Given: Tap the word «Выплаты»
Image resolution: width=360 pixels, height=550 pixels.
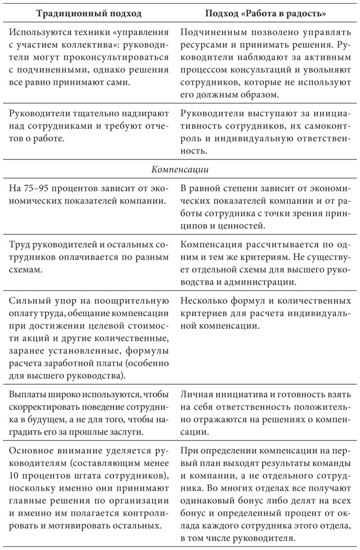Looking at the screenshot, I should click(x=30, y=394).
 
